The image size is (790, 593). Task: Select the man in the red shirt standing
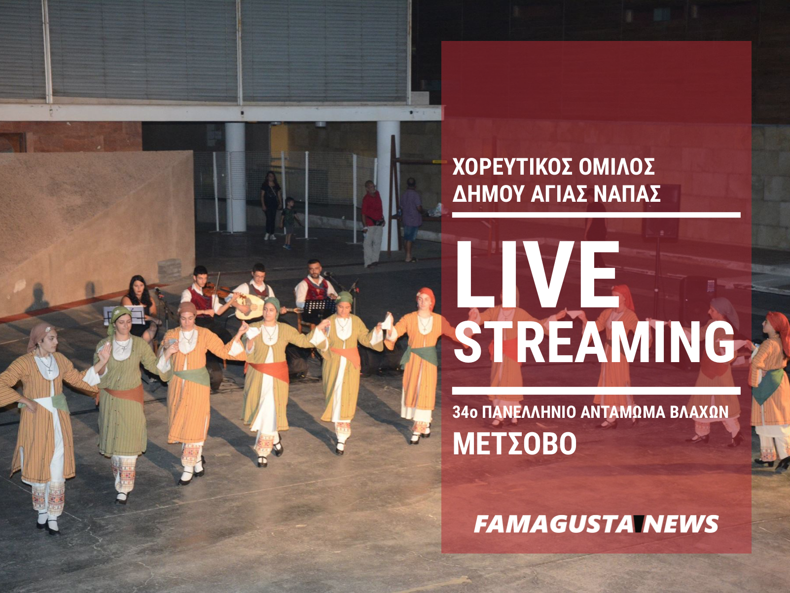pos(372,223)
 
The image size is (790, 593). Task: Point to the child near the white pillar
pos(288,223)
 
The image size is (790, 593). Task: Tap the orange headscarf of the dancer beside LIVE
pos(427,296)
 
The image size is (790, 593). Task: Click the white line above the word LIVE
pos(596,215)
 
